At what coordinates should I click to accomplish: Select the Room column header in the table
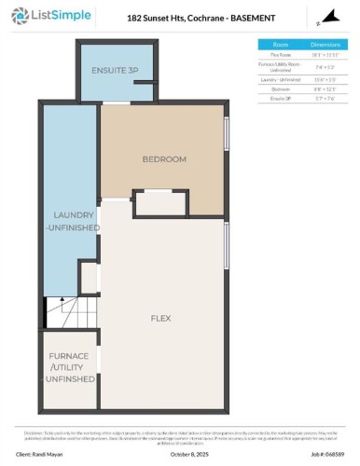coord(280,44)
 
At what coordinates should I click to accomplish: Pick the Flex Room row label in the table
coord(280,55)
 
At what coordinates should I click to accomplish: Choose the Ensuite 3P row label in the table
coord(280,98)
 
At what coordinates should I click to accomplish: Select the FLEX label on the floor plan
coord(160,318)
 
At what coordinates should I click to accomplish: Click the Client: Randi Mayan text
coord(52,456)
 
